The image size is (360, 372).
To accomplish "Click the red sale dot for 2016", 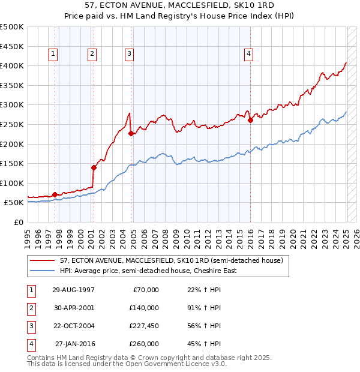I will click(x=251, y=120).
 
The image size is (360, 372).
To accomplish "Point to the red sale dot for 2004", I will click(x=131, y=133).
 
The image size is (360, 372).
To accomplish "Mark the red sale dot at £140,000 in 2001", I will click(x=94, y=167).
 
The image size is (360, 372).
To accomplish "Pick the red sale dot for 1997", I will click(x=55, y=194).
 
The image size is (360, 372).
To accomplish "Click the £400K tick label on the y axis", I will click(x=13, y=65).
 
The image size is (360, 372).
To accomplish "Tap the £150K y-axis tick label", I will click(x=13, y=163).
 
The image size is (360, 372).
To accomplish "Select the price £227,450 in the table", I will click(x=143, y=326).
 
